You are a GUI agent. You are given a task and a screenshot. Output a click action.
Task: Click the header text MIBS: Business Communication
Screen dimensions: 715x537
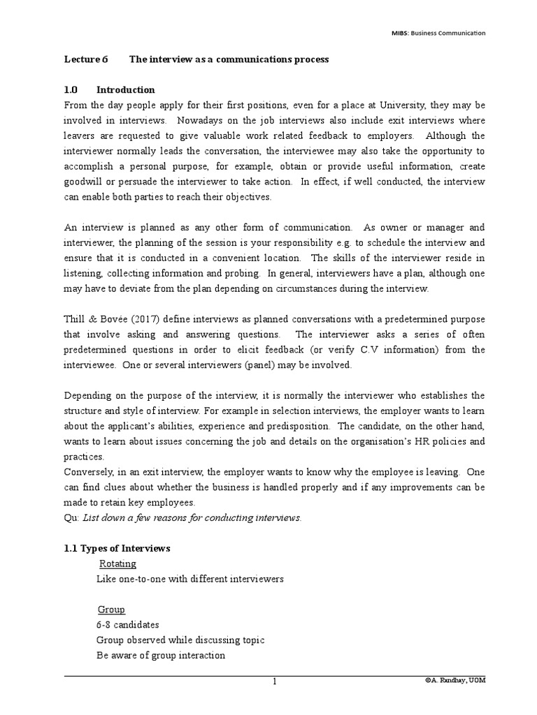(x=438, y=33)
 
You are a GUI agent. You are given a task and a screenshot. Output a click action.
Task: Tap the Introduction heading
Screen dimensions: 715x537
(x=126, y=90)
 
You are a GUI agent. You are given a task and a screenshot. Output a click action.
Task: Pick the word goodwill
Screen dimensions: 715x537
(x=86, y=182)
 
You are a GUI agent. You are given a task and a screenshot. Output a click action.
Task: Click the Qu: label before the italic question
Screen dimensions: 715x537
(x=71, y=517)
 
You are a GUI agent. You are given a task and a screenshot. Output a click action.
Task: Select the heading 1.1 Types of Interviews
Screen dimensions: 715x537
(x=117, y=549)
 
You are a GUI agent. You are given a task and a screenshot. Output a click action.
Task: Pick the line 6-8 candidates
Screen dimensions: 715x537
(x=128, y=625)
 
